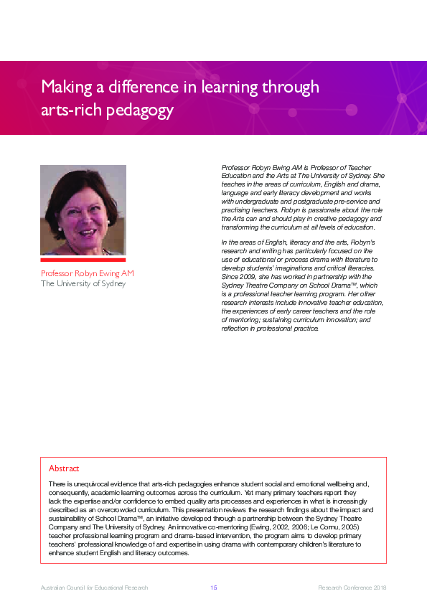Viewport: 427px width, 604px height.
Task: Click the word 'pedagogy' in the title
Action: click(142, 111)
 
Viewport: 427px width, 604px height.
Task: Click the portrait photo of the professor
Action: click(83, 210)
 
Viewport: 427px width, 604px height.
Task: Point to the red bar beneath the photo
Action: click(83, 260)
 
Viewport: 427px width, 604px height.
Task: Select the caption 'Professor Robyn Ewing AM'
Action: click(87, 273)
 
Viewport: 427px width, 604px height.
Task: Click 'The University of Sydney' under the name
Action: click(83, 283)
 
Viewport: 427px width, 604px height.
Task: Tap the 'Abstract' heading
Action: click(64, 468)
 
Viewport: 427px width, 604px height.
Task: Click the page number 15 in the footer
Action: click(213, 588)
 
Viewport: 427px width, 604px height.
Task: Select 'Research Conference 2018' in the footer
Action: click(352, 588)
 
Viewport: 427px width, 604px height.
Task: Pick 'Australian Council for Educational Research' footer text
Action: click(94, 588)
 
